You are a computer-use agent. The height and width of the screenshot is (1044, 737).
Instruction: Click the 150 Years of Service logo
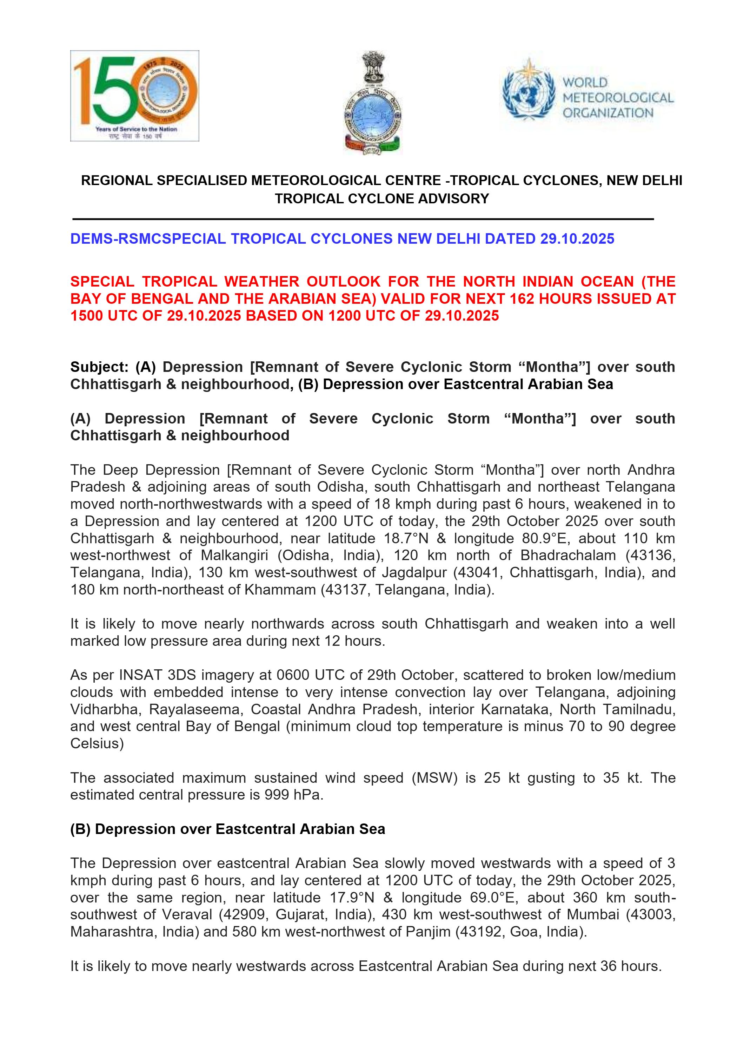click(134, 96)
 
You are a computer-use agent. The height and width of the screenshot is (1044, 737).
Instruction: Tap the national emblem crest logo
click(373, 103)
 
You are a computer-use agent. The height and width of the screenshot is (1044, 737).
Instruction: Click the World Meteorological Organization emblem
click(529, 90)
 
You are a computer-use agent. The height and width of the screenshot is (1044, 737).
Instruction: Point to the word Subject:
click(100, 367)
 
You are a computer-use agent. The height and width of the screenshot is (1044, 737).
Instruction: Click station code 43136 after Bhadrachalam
click(651, 555)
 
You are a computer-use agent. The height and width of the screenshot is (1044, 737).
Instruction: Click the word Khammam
click(280, 590)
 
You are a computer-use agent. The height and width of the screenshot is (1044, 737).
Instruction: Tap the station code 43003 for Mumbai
click(650, 914)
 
